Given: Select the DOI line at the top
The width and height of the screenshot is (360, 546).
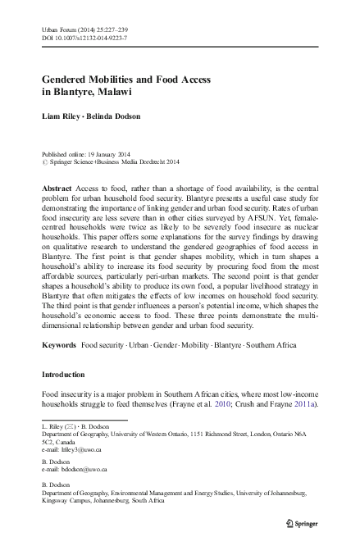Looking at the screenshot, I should click(80, 38).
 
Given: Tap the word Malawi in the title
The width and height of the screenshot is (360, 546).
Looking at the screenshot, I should click(111, 93).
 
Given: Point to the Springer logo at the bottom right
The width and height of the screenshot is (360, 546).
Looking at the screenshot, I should click(303, 521).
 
